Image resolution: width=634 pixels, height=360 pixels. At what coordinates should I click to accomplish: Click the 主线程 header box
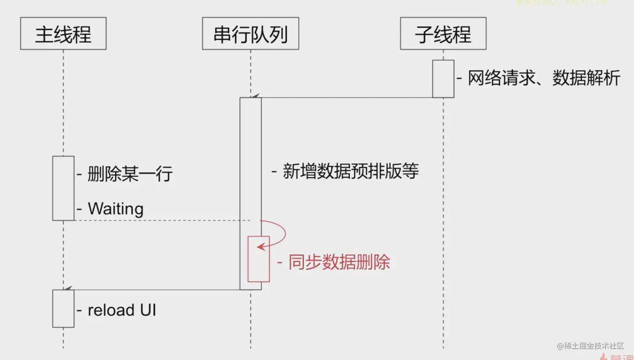click(63, 34)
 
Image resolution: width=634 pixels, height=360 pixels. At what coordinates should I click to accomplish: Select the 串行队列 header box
click(250, 34)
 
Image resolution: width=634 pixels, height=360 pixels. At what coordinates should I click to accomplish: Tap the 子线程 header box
click(443, 34)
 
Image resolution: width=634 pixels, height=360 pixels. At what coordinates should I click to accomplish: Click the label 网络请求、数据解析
click(544, 78)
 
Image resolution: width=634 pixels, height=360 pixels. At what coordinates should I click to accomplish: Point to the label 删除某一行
click(130, 174)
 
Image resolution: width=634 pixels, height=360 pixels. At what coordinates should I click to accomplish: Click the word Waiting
click(116, 209)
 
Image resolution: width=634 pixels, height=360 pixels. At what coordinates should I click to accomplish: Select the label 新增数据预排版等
click(351, 171)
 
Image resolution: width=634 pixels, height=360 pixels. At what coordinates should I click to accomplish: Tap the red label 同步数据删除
click(339, 262)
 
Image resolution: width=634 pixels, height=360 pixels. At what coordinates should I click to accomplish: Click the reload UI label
click(122, 310)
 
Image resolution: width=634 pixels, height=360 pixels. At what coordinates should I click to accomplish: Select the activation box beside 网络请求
click(443, 79)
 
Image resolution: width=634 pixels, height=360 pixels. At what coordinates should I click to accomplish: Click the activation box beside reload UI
click(63, 308)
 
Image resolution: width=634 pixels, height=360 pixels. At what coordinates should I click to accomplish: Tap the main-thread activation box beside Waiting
click(63, 188)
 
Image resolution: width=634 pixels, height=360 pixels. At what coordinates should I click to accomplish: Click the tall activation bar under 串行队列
click(251, 168)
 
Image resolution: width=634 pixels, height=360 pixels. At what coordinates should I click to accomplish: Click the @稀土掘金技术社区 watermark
click(590, 346)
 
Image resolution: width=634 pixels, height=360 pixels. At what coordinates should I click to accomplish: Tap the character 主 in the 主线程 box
click(44, 34)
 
